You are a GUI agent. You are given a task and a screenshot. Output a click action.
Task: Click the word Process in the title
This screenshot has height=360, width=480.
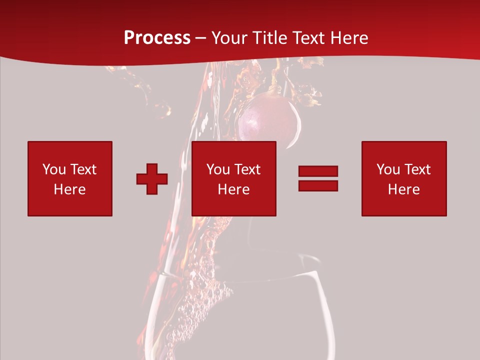coord(157,38)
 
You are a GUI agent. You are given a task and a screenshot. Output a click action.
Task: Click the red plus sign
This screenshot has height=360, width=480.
coord(152,179)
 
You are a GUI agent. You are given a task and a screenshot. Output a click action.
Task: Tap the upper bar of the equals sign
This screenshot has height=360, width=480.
coord(318,171)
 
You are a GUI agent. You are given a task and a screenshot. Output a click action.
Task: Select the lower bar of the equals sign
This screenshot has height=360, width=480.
coord(318,185)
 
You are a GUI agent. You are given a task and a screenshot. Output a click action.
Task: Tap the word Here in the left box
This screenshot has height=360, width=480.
coord(69,189)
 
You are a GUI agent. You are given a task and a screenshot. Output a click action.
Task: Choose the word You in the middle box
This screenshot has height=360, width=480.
coord(218,169)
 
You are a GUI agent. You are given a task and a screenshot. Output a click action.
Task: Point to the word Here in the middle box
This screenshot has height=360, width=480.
coord(233,189)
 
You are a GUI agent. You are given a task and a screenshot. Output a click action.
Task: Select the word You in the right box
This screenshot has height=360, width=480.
coord(388,169)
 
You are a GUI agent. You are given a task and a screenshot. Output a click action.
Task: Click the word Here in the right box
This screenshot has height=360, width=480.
coord(403,189)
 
